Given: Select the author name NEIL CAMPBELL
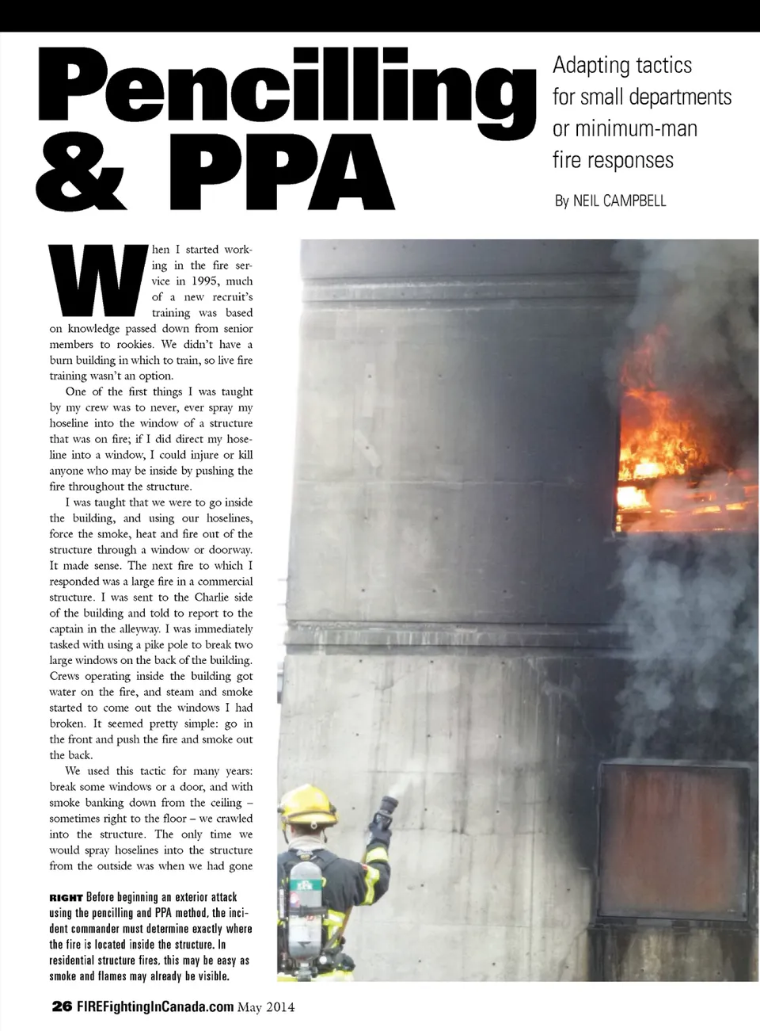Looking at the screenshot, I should (x=619, y=200).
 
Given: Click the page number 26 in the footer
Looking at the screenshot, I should (x=60, y=1007).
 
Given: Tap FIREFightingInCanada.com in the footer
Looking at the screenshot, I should (x=154, y=1007).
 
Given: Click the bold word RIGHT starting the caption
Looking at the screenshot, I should (x=66, y=898).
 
